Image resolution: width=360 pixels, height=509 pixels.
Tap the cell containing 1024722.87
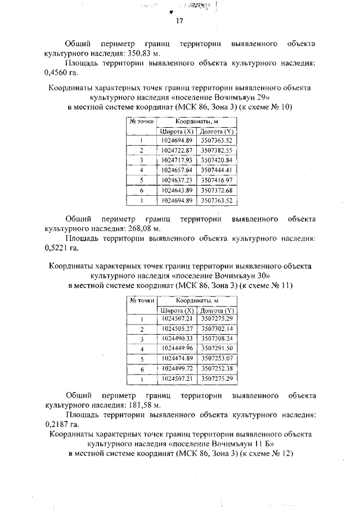pos(177,150)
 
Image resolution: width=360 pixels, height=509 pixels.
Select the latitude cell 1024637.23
pos(177,180)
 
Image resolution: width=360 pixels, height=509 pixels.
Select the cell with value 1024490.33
pos(177,338)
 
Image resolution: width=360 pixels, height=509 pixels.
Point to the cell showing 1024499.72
pos(177,368)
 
